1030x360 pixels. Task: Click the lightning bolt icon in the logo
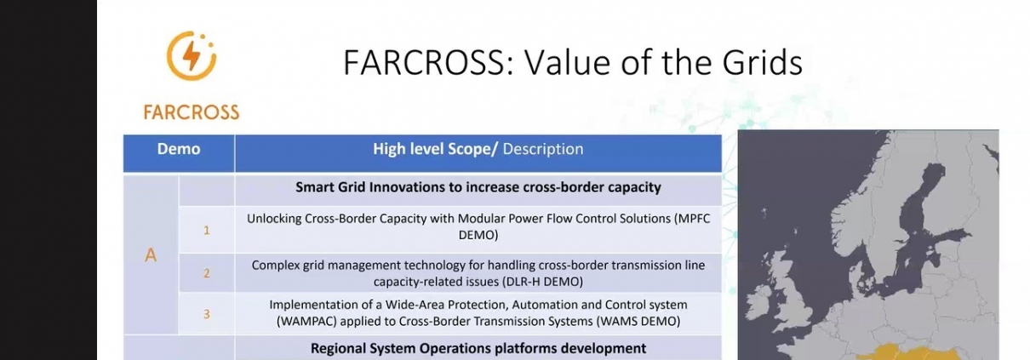192,55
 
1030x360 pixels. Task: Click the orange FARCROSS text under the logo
192,112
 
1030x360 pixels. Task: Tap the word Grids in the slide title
763,62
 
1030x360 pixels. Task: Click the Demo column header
179,149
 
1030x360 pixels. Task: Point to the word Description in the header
543,149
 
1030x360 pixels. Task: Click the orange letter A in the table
151,255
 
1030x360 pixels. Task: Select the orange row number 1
207,230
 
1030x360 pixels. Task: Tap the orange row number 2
207,273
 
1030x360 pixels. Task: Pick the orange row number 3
207,314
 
